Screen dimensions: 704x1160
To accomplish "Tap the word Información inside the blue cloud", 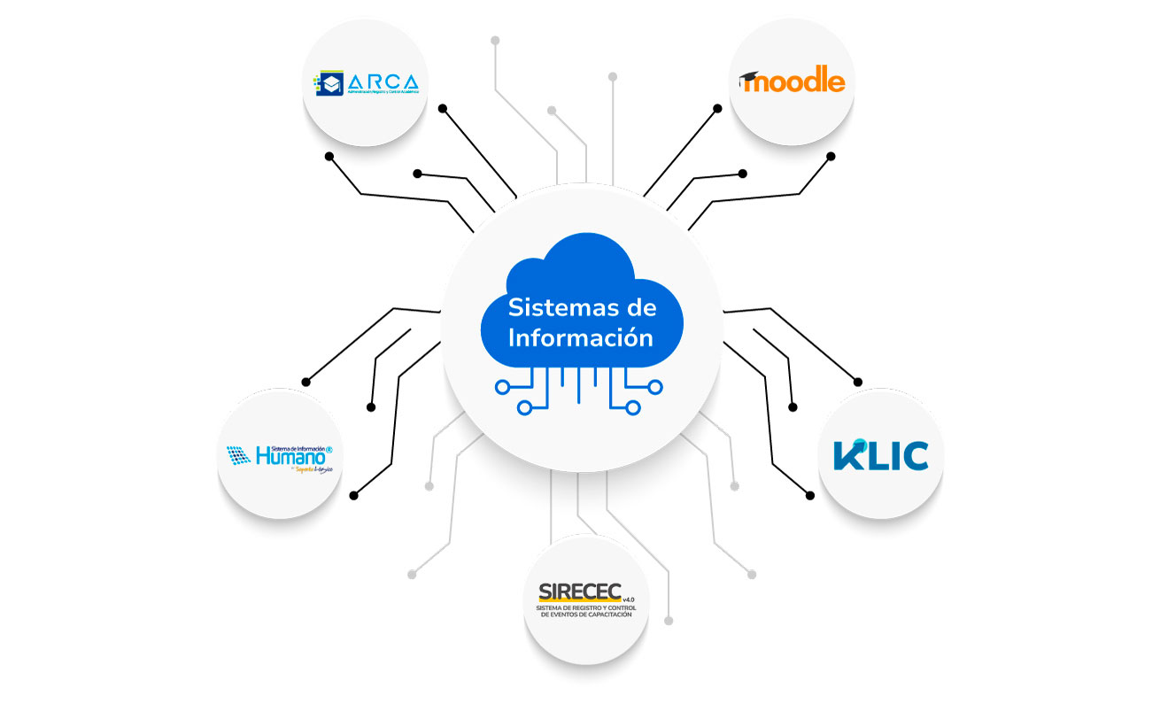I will [581, 338].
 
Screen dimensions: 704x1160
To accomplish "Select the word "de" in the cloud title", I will [639, 308].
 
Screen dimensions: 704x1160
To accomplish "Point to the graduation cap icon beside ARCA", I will [330, 83].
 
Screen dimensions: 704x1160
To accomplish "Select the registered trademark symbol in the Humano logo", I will [329, 450].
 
